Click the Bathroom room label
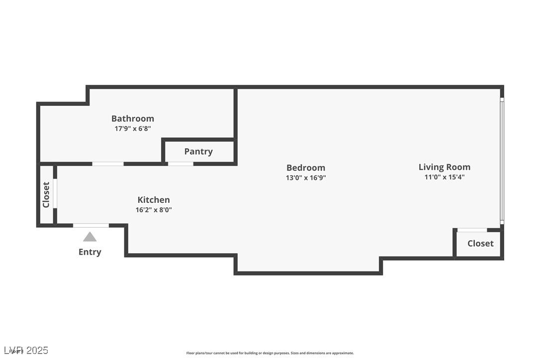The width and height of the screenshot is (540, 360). coord(132,118)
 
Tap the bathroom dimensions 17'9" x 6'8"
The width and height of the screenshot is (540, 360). coord(132,128)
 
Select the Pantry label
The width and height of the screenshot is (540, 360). coord(198,151)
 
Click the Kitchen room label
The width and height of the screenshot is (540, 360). coord(154,200)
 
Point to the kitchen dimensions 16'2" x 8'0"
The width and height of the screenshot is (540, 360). coord(154,210)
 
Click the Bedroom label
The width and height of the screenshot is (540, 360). coord(306,168)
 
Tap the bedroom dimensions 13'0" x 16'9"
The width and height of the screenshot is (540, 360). coord(306,178)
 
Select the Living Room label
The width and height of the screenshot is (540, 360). coord(444,167)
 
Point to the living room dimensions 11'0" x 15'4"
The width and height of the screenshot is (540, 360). coord(444,177)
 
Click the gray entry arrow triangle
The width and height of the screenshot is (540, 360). coord(90,237)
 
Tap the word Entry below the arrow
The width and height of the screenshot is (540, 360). coord(90,252)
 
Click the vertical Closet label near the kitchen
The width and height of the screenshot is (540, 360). coord(46,194)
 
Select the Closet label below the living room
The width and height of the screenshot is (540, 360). coord(480,243)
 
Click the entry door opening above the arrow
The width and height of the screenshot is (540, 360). coord(91,226)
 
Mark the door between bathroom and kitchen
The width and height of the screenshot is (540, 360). coord(108,164)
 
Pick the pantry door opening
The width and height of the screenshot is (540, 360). coord(180,164)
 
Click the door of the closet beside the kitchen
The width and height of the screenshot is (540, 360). coord(55,193)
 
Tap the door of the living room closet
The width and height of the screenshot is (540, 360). coord(472,230)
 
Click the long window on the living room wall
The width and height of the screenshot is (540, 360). coord(502,160)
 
